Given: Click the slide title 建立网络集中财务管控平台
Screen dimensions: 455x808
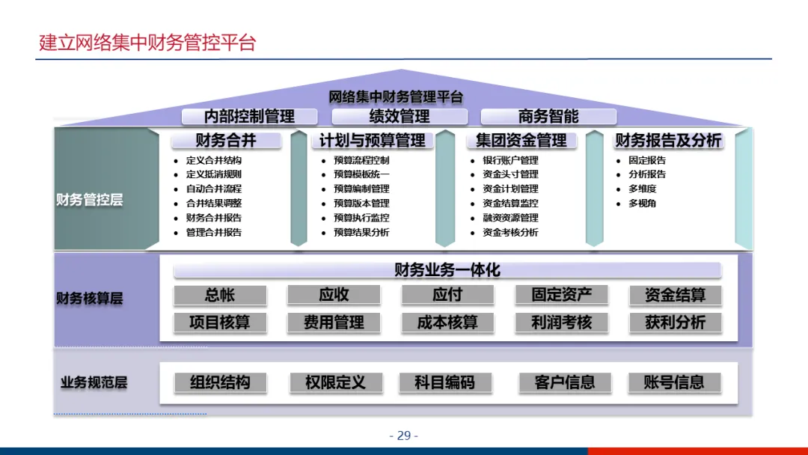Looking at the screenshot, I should click(x=147, y=43).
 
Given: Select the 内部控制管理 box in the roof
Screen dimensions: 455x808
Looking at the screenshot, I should click(x=249, y=116).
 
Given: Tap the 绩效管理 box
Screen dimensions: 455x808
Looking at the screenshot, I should click(x=400, y=116).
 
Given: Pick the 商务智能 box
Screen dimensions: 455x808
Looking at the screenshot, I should click(x=548, y=116).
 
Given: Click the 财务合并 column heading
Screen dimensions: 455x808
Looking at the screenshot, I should click(x=226, y=141).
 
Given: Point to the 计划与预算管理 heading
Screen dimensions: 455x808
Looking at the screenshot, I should click(x=372, y=141).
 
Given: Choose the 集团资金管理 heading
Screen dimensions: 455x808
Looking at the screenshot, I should click(x=521, y=141).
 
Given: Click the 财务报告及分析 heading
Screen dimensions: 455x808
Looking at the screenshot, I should click(x=668, y=141).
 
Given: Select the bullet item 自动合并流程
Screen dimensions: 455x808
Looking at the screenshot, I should click(x=214, y=189).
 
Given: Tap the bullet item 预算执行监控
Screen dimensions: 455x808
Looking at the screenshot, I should click(x=361, y=218).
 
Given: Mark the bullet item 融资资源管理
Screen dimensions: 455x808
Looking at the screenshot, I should click(x=510, y=218).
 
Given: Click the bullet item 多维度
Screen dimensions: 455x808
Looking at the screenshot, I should click(x=642, y=189).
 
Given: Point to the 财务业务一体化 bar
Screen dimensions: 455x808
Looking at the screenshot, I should click(x=447, y=270).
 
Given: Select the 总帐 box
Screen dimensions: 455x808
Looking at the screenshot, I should click(x=220, y=295).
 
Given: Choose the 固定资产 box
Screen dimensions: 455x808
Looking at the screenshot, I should click(x=561, y=295).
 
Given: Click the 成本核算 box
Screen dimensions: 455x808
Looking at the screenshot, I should click(x=447, y=323).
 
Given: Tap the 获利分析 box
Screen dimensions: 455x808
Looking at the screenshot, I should click(x=675, y=323).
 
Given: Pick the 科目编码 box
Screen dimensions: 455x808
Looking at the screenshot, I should click(x=444, y=382).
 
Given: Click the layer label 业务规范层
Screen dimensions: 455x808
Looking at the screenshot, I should click(x=94, y=382).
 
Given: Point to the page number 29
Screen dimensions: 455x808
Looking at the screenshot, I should click(x=404, y=436).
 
